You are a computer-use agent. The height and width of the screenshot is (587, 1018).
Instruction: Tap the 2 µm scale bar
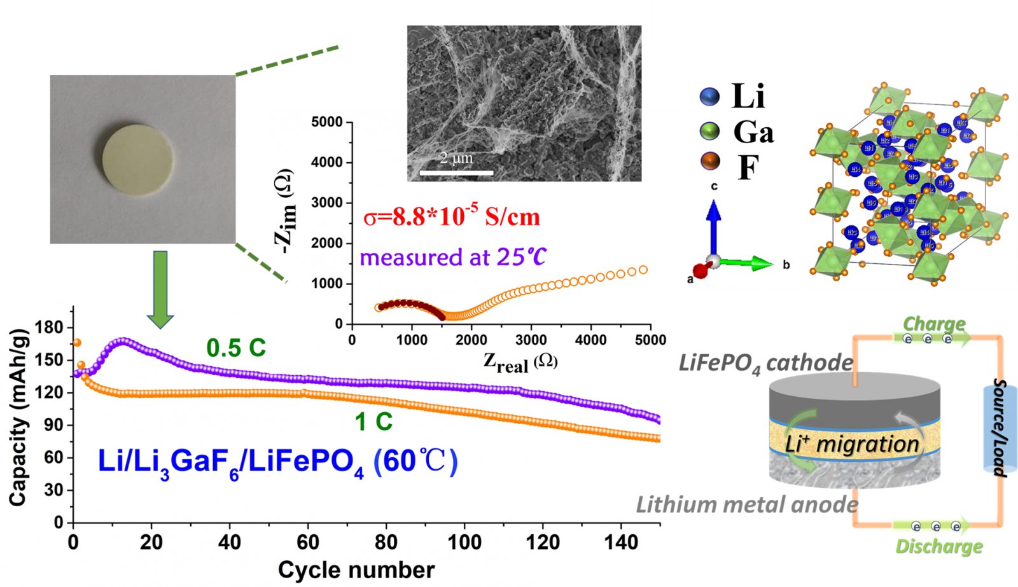456,172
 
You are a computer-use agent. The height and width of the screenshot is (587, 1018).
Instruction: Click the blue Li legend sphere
709,97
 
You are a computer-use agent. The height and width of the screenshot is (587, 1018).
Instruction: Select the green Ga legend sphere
709,131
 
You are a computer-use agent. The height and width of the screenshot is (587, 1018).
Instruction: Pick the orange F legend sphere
709,162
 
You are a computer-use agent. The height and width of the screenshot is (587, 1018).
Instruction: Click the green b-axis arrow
748,263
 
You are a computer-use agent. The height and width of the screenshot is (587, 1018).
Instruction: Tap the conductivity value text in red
452,217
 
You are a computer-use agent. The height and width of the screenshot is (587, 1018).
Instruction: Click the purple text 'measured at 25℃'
453,258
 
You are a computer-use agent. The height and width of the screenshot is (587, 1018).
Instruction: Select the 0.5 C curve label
236,348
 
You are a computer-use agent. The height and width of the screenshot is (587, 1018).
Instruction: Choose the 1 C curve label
373,422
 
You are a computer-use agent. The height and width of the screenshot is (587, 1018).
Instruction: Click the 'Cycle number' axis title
356,570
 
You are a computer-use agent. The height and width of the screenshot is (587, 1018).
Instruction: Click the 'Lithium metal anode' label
747,505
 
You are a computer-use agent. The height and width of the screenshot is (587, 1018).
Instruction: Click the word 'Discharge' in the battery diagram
939,546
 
